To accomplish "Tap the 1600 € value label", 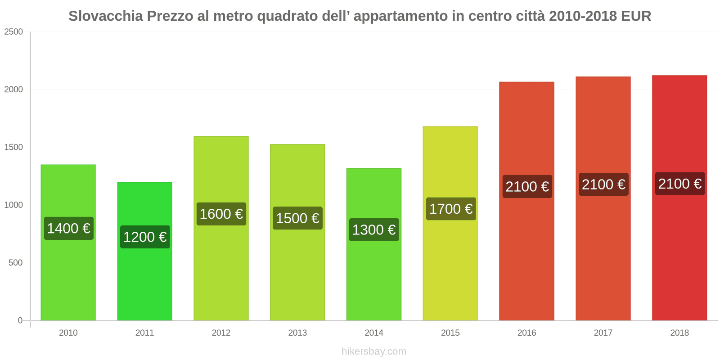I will point(221,214).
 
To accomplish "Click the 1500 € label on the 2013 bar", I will point(297,218).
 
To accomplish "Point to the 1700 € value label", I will point(450,209).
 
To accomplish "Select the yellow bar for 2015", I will point(450,270).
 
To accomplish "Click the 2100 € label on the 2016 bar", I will point(527,186).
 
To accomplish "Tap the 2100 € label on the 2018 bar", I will point(679,184).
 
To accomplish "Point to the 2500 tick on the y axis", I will point(13,32).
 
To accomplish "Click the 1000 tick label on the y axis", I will point(13,205).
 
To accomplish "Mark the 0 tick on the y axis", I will point(20,320).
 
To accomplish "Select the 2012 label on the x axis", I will point(221,333).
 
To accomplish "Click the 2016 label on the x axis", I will point(526,333).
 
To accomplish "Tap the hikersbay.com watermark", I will point(373,351).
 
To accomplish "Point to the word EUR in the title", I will point(636,16).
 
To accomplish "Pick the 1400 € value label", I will point(68,228).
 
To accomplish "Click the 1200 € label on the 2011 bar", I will point(145,237).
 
